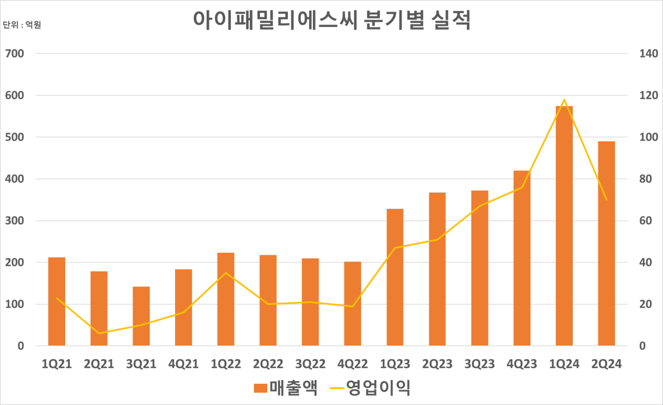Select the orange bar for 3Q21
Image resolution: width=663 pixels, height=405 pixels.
tap(141, 316)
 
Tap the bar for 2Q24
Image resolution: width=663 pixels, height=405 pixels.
tap(607, 243)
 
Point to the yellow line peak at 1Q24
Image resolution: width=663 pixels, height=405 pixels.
tap(564, 99)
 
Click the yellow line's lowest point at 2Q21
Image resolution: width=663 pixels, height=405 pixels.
tap(99, 333)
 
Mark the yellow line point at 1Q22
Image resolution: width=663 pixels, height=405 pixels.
tap(226, 273)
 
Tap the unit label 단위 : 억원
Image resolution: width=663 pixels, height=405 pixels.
tap(22, 25)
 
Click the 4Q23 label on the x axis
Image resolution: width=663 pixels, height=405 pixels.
tap(522, 365)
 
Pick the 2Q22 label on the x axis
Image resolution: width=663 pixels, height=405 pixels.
tap(268, 365)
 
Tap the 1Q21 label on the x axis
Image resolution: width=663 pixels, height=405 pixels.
tap(57, 365)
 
